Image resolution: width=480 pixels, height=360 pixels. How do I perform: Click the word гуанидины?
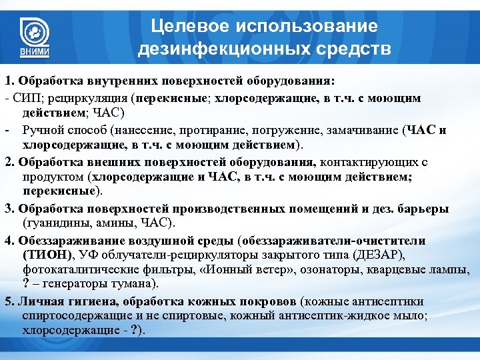[55, 221]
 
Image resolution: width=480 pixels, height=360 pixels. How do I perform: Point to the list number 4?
[8, 239]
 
